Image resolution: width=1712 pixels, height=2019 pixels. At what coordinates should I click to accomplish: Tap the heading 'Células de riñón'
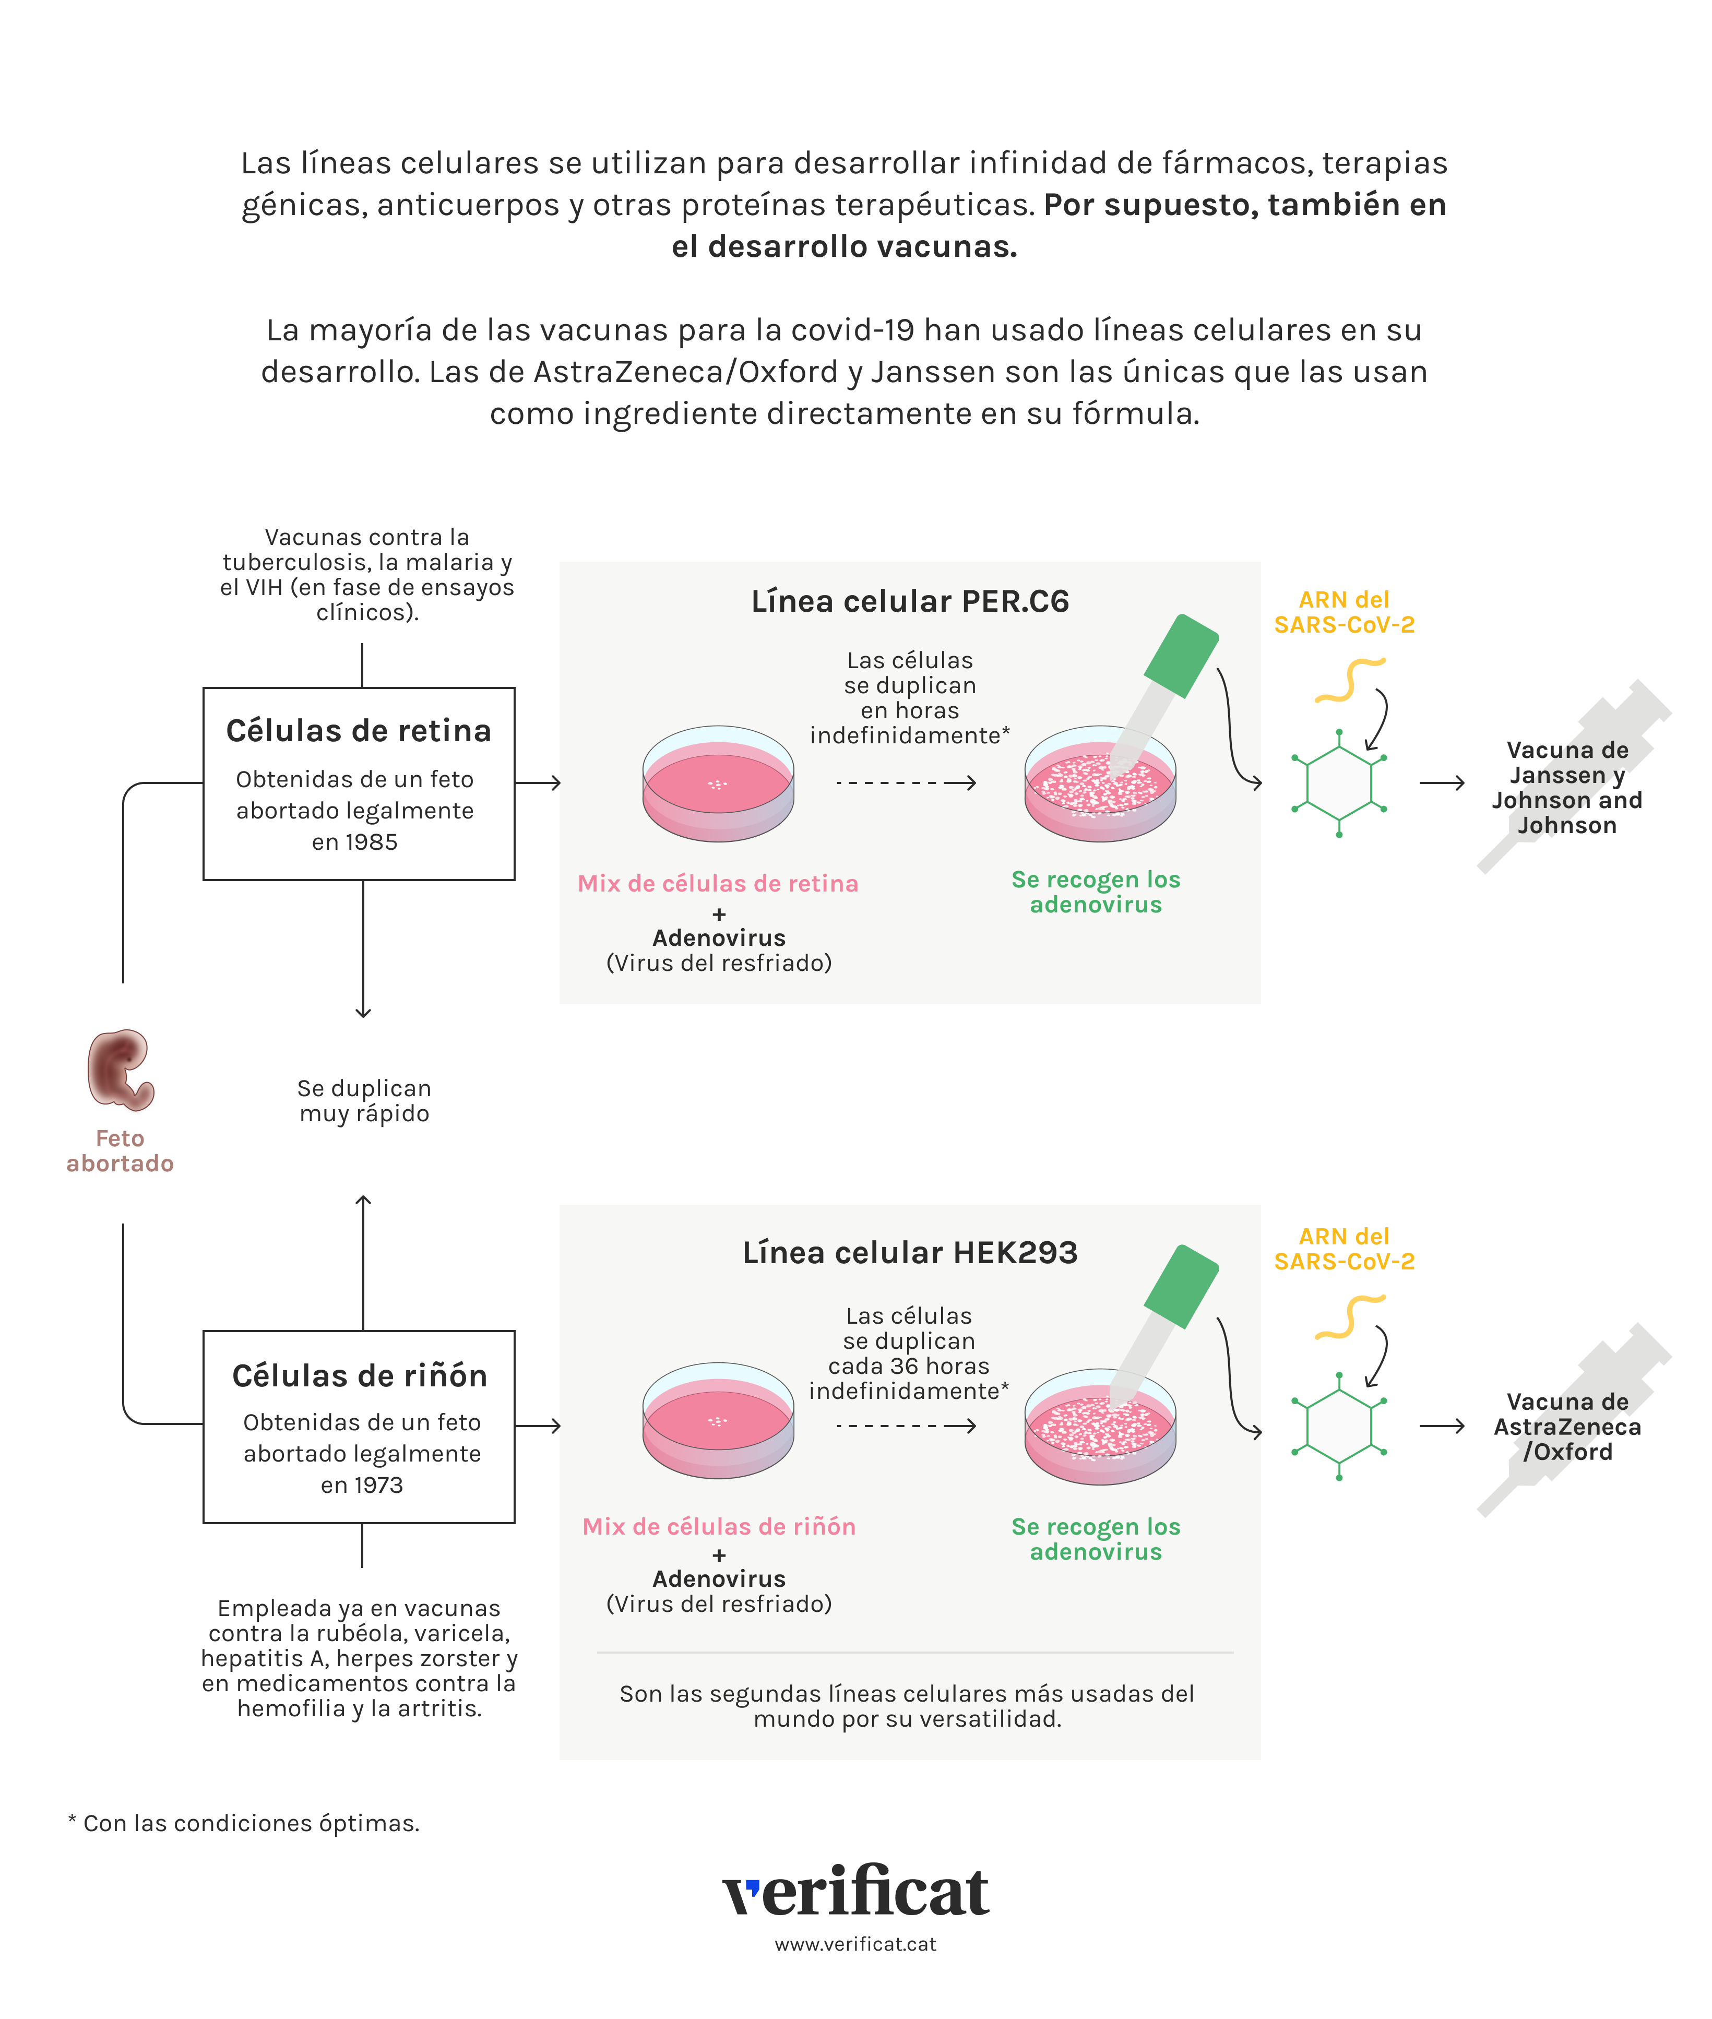point(359,1375)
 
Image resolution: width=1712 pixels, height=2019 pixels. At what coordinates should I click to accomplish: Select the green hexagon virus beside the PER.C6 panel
point(1339,782)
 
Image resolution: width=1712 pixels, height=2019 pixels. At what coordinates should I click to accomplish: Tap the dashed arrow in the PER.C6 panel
point(906,782)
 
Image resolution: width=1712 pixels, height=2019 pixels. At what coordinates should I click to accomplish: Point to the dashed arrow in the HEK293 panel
point(906,1426)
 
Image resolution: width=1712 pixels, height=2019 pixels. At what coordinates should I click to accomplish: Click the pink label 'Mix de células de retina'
point(718,883)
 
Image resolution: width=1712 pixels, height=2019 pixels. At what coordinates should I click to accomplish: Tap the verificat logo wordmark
point(856,1891)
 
